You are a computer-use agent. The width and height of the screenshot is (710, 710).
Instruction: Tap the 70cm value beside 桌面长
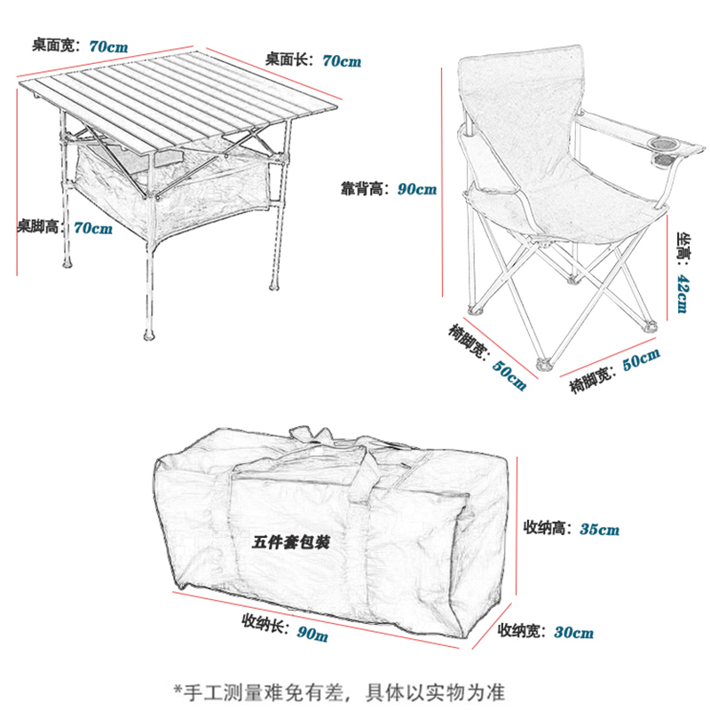(342, 60)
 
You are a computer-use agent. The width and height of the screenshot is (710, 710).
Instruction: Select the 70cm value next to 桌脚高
(92, 228)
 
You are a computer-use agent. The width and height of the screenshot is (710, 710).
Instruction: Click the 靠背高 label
(365, 188)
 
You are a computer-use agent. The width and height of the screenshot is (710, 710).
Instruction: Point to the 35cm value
(599, 530)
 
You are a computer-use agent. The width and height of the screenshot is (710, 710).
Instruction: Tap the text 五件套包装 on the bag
(291, 541)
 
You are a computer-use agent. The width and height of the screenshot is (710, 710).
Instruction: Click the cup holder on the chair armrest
(665, 145)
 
